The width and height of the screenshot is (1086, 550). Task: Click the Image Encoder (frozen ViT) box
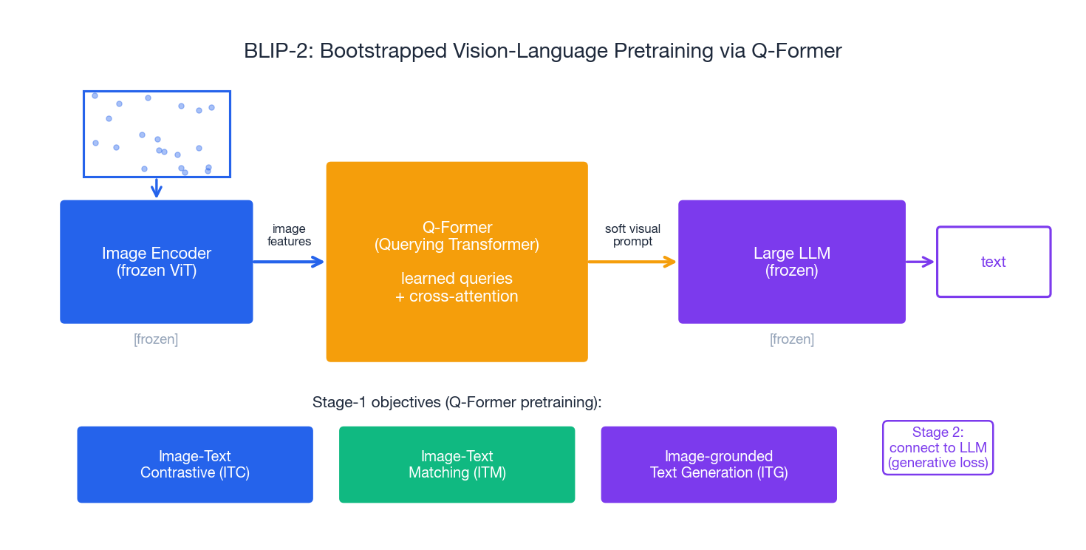(x=156, y=262)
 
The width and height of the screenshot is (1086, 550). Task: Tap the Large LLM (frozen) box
(x=791, y=262)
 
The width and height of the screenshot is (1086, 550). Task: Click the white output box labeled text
(x=993, y=262)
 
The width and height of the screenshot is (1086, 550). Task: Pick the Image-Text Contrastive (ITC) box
(x=195, y=464)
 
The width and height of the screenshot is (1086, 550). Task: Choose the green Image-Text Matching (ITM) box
(x=457, y=464)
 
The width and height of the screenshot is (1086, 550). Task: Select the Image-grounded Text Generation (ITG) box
(x=718, y=464)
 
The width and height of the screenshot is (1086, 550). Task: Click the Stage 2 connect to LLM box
(x=938, y=447)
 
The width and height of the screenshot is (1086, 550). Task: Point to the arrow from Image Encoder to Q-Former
(x=288, y=262)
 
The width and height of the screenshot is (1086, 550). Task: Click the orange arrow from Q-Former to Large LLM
(x=632, y=262)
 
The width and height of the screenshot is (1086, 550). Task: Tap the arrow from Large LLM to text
(x=920, y=262)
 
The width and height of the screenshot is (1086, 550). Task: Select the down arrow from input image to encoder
(x=156, y=188)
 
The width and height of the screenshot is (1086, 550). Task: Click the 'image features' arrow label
(x=289, y=235)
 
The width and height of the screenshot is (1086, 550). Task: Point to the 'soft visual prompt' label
(x=632, y=235)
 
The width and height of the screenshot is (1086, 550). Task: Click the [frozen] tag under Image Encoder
(x=156, y=339)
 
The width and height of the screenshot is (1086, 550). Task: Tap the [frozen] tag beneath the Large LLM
(x=791, y=339)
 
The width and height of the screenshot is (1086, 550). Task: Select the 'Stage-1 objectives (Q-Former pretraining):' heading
(x=457, y=402)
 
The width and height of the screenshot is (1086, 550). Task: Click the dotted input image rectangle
(x=157, y=134)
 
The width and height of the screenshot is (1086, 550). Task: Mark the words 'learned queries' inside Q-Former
(x=457, y=279)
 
